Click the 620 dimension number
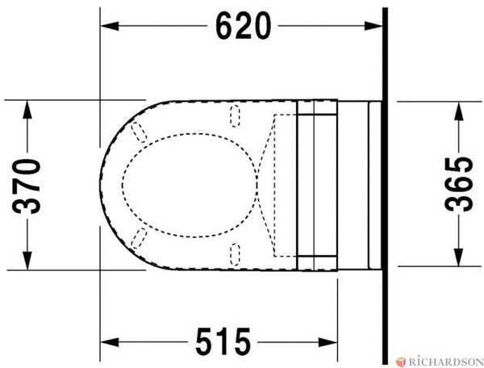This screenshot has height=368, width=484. coord(244,27)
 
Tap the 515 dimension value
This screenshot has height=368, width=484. coord(223,342)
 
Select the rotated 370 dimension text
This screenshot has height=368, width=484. coord(27,186)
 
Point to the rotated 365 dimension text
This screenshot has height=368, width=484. coord(459,184)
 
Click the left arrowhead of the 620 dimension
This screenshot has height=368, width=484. coord(110,27)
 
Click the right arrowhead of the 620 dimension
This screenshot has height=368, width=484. coord(373,27)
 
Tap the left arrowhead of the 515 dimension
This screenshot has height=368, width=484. coord(110,342)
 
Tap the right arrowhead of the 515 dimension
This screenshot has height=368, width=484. coord(328,342)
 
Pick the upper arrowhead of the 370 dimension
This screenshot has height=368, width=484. coord(27,110)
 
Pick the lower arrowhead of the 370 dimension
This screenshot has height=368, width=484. coord(27,261)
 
